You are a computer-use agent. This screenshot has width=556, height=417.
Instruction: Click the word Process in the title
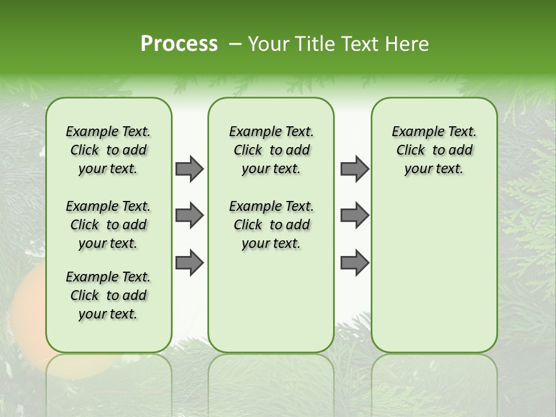179,44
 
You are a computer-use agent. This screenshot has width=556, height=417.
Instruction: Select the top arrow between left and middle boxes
189,169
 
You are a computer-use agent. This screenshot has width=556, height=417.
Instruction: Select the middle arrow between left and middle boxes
189,216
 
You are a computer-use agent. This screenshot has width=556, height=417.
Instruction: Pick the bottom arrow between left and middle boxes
189,263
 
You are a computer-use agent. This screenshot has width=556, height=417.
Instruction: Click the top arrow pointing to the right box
354,169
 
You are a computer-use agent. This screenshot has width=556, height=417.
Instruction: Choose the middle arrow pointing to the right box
354,216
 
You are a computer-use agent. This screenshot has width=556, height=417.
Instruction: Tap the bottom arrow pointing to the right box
354,263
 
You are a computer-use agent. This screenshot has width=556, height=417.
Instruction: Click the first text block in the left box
108,150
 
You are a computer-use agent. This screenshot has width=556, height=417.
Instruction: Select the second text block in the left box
108,225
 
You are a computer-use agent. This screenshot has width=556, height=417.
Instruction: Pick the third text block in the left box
108,295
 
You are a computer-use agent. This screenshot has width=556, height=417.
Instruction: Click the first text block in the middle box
271,150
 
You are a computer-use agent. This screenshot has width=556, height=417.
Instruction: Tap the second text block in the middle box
271,225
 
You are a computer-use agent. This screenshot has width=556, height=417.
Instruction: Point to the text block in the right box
434,150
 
